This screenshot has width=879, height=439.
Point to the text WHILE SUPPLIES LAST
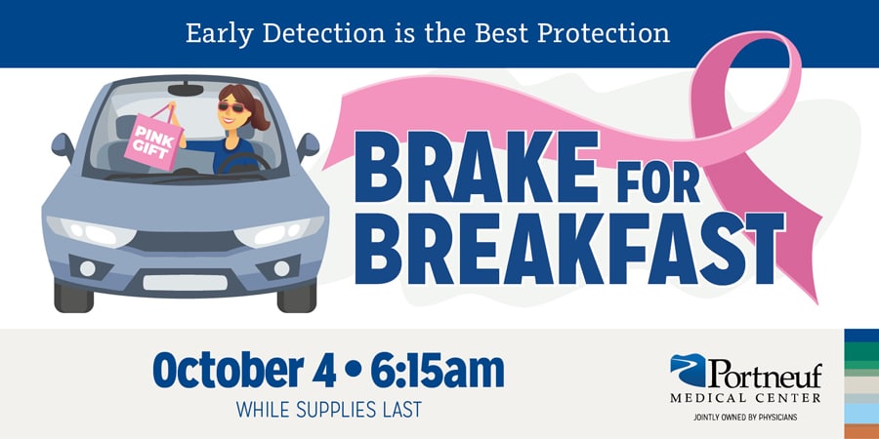pyautogui.click(x=329, y=409)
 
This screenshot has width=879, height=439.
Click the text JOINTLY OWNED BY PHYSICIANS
pyautogui.click(x=744, y=417)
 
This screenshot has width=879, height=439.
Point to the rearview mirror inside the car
pyautogui.click(x=186, y=91)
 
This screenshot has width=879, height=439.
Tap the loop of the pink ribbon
pyautogui.click(x=742, y=98)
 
